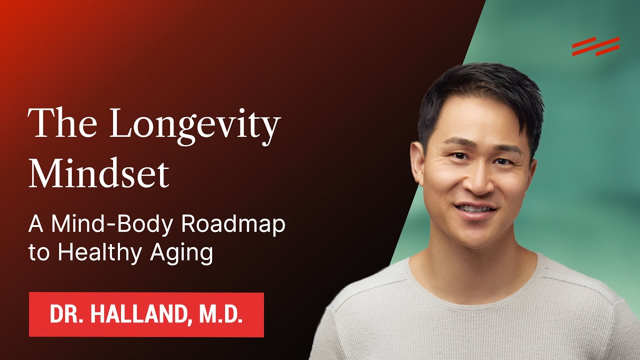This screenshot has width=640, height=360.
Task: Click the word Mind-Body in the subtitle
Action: click(113, 224)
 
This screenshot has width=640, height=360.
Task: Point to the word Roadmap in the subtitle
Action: click(233, 224)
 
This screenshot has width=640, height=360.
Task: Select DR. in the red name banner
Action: click(65, 315)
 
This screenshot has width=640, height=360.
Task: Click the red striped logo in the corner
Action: click(595, 46)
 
